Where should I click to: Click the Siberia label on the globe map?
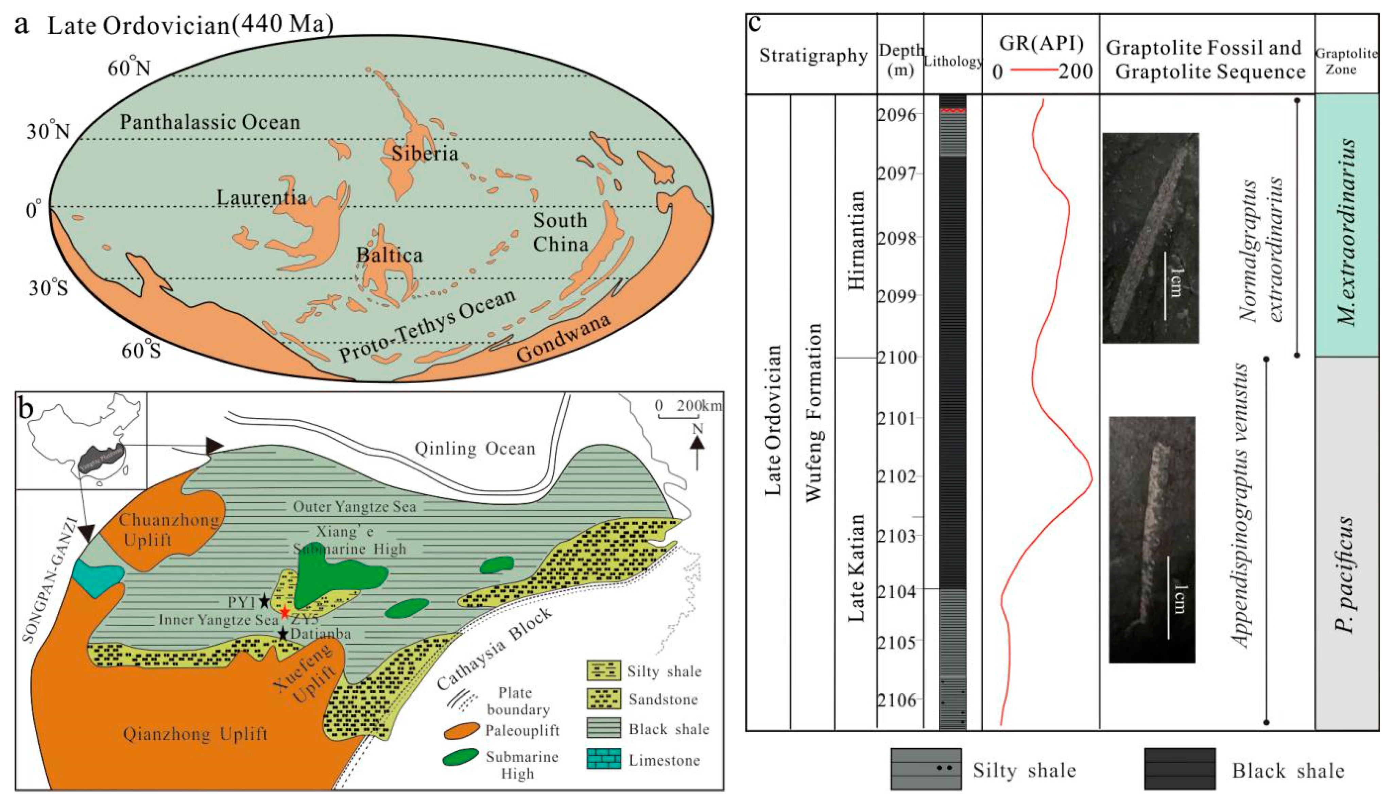(424, 153)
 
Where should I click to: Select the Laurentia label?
(261, 197)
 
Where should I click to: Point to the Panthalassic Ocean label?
(210, 122)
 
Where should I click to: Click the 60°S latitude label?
(141, 350)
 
